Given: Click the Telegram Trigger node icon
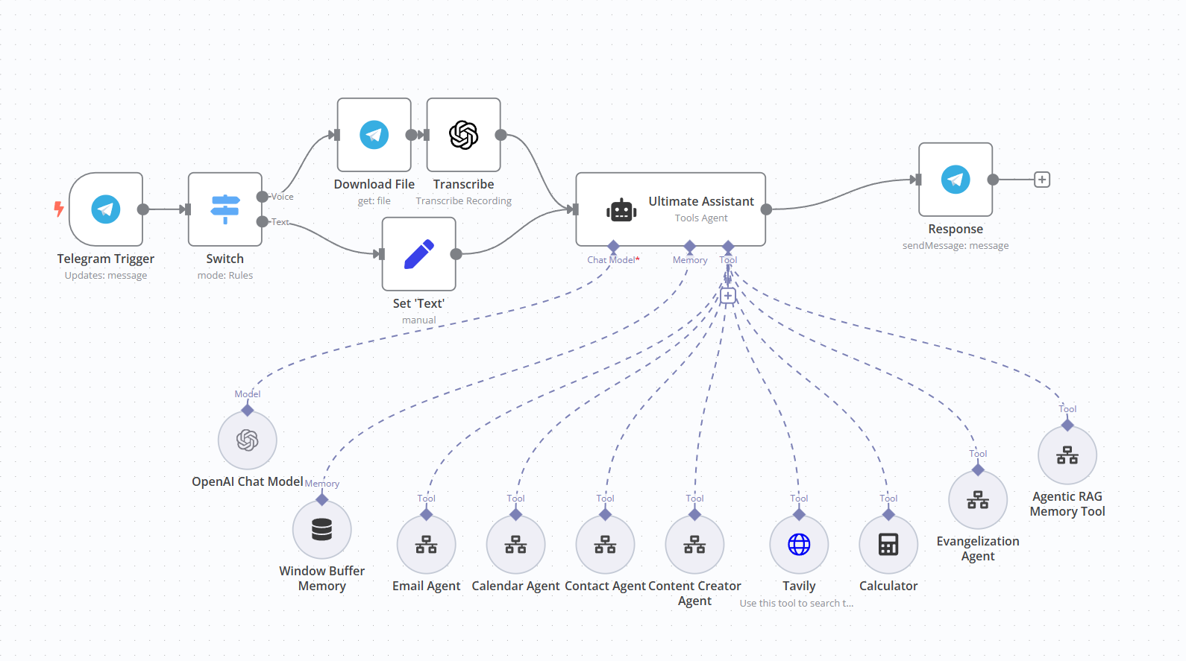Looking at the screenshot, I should [x=106, y=209].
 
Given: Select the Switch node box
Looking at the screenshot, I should [x=225, y=209].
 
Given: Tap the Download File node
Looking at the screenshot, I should [x=374, y=135].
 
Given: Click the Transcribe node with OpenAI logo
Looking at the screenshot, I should [x=463, y=135].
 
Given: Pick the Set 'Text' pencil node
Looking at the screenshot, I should [x=418, y=254].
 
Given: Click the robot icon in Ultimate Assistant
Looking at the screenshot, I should [x=621, y=211].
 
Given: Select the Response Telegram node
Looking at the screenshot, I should [x=956, y=180].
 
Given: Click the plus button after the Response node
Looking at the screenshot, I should [x=1042, y=180].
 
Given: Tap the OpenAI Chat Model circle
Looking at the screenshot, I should [x=248, y=440].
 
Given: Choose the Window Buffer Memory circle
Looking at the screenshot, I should [x=321, y=530].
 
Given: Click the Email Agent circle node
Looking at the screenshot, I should [x=426, y=545].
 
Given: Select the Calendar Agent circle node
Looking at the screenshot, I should [x=515, y=545].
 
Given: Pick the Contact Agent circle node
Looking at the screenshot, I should [x=605, y=545].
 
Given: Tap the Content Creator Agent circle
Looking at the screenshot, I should [x=694, y=545].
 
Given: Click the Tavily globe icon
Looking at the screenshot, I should [x=799, y=545].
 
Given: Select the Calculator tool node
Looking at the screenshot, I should [x=888, y=545].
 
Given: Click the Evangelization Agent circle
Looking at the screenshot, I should [x=978, y=500].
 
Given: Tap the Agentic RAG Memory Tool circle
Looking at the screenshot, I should [x=1067, y=455].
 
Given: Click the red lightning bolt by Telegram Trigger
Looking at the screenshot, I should [x=59, y=209].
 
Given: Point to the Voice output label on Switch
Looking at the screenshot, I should [x=282, y=197].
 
